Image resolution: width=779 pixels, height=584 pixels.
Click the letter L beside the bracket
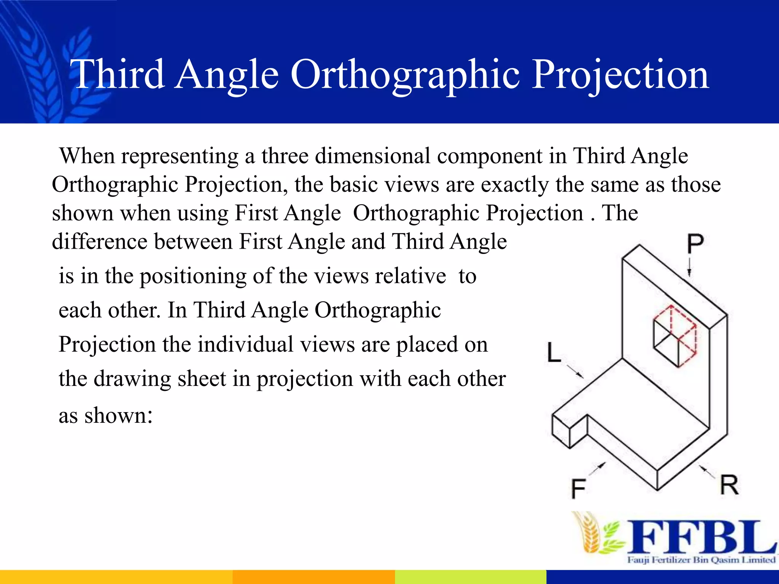(x=553, y=352)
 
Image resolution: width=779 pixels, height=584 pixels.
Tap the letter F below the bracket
(x=578, y=489)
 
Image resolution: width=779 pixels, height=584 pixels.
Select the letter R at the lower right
(x=729, y=485)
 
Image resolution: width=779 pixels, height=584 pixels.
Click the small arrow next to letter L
(x=575, y=371)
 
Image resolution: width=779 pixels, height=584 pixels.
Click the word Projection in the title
(x=620, y=75)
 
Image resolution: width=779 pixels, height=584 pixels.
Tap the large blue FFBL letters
(x=700, y=537)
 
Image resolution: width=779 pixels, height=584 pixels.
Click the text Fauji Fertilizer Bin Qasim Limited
(x=701, y=560)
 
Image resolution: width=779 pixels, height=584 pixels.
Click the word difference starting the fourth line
(x=100, y=242)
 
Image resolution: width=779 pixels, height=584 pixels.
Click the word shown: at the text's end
(x=118, y=415)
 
